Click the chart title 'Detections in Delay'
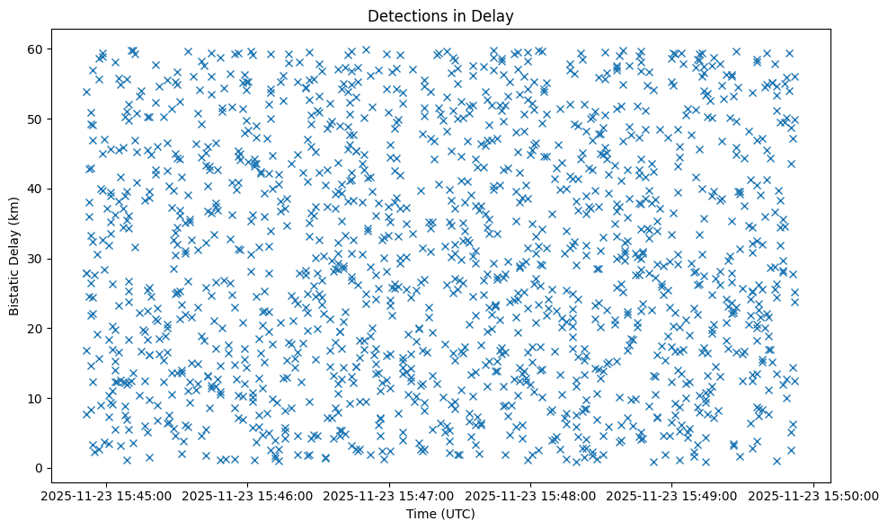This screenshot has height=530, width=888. point(440,15)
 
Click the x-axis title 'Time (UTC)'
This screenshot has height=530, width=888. point(440,515)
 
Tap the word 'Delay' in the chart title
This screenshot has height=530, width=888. point(493,15)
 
